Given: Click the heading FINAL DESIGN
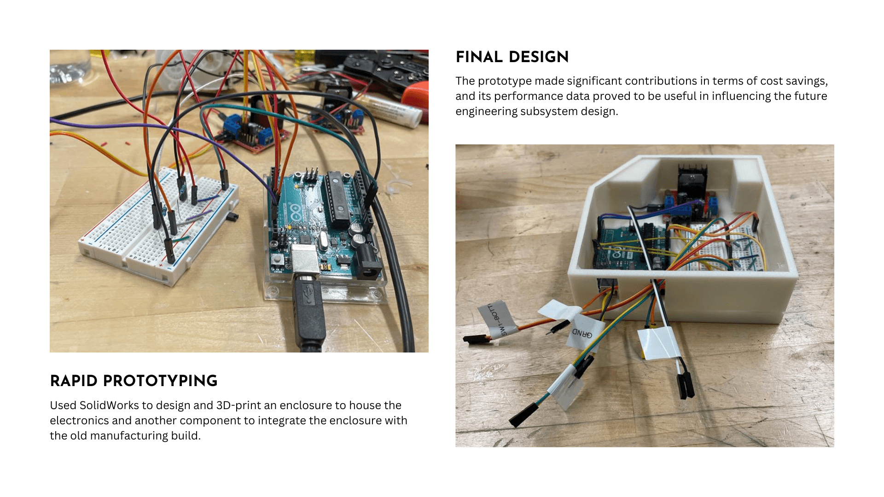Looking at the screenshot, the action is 512,57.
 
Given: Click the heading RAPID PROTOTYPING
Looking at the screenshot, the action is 134,381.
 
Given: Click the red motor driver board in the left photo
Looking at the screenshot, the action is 251,133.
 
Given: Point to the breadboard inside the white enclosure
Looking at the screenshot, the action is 718,248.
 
